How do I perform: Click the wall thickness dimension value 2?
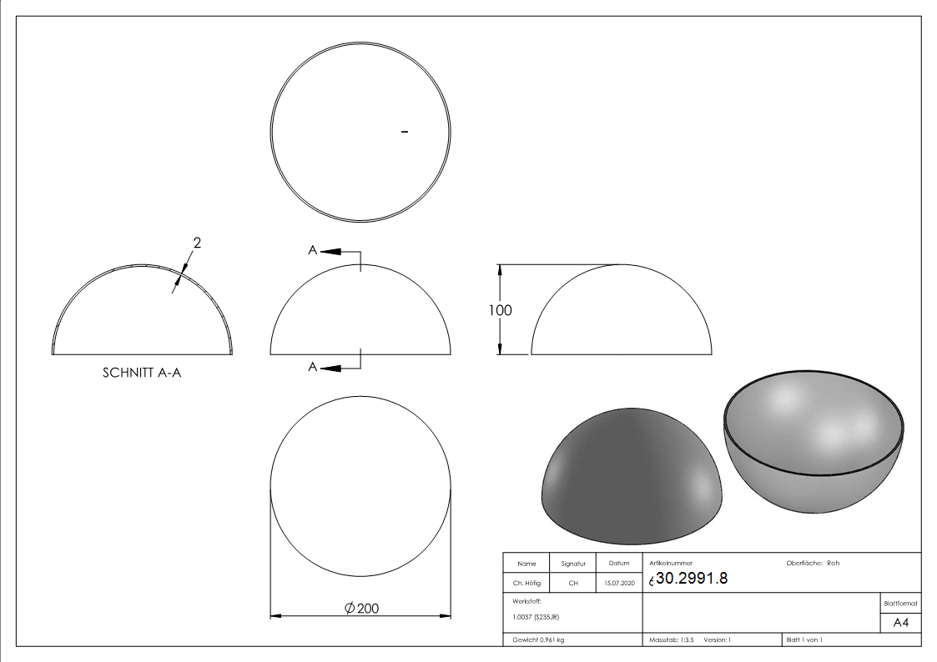coord(197,243)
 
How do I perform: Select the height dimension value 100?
coord(501,310)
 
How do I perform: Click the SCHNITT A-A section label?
coord(142,373)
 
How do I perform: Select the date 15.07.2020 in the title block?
coord(618,584)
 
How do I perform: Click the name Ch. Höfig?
coord(526,584)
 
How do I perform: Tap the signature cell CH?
coord(573,584)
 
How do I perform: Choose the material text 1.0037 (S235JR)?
coord(536,617)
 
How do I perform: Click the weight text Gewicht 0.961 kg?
coord(538,639)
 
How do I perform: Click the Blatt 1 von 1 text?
coord(804,639)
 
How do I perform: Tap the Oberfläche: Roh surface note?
coord(813,564)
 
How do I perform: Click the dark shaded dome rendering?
coord(631,470)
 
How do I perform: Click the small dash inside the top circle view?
coord(405,132)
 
